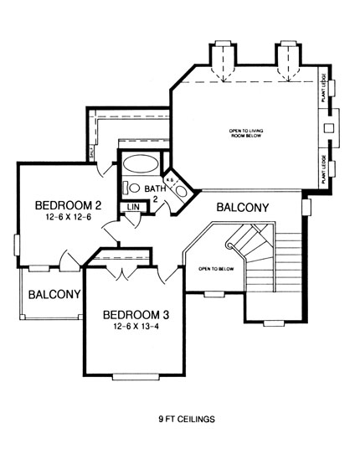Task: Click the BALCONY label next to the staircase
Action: click(242, 207)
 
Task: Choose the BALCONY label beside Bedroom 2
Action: click(54, 294)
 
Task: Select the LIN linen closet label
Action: click(133, 206)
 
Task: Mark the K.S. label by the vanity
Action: click(169, 179)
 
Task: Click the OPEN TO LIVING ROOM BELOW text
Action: click(248, 133)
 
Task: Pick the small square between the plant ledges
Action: click(328, 127)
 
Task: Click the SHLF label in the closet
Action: click(91, 152)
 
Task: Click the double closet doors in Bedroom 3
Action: click(125, 272)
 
